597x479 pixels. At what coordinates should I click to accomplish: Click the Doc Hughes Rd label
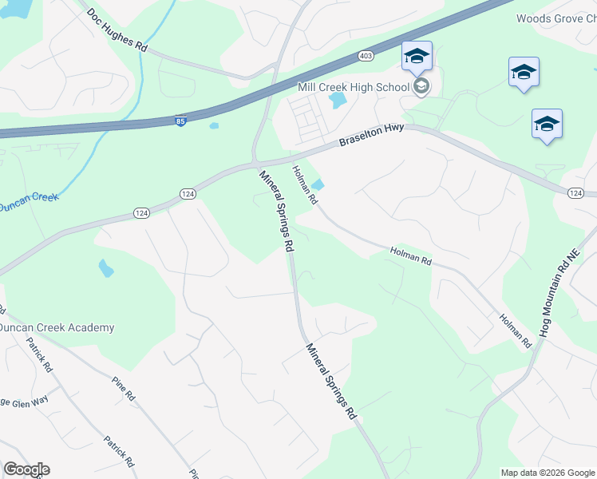[x=117, y=31]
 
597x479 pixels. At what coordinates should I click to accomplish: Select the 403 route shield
[x=366, y=56]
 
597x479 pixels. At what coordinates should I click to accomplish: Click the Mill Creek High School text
[x=354, y=86]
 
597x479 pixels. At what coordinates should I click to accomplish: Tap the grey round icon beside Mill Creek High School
[x=421, y=85]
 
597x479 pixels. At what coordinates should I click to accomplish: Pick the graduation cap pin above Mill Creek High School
[x=417, y=57]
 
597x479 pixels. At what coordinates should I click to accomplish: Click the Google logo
[x=26, y=469]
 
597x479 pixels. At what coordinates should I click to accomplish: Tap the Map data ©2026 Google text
[x=547, y=473]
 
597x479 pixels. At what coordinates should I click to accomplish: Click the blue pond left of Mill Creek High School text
[x=338, y=101]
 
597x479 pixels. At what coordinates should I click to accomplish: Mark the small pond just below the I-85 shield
[x=213, y=125]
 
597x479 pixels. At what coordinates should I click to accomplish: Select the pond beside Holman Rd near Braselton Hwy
[x=317, y=185]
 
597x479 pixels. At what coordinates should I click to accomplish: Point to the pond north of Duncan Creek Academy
[x=106, y=268]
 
